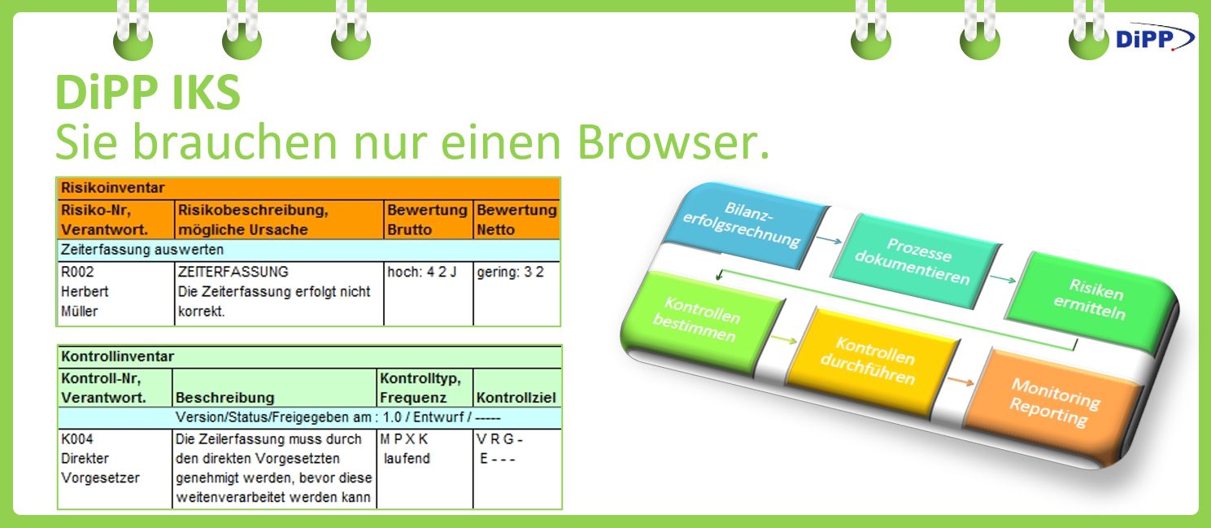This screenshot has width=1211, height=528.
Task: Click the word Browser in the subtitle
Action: [673, 142]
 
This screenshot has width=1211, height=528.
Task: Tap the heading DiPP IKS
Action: [147, 92]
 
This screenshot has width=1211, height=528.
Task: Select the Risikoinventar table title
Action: [112, 188]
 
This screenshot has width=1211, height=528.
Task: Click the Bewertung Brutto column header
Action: [427, 219]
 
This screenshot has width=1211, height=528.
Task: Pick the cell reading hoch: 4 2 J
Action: [421, 272]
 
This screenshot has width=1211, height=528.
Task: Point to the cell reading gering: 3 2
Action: [510, 272]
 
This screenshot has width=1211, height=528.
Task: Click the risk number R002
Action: [77, 272]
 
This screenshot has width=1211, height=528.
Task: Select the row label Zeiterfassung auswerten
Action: [142, 250]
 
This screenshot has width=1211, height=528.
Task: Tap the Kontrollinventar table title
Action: [117, 356]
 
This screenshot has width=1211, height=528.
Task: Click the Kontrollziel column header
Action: [516, 398]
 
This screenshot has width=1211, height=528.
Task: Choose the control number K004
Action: [76, 439]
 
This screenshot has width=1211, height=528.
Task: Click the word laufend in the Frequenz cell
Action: [407, 458]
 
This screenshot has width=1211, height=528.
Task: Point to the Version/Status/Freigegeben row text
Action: [338, 417]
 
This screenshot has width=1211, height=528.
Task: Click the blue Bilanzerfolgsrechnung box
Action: [742, 225]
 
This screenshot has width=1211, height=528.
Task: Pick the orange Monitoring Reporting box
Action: [1054, 403]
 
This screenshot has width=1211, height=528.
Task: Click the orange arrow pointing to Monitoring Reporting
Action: [961, 382]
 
